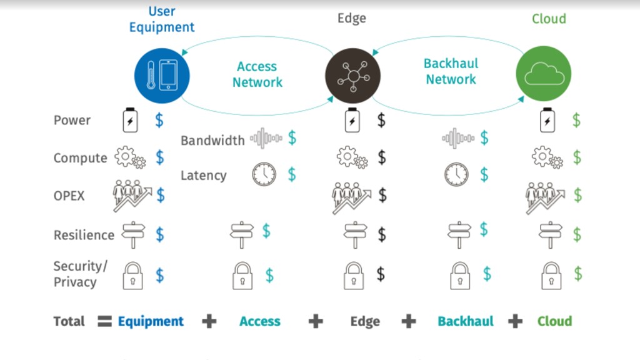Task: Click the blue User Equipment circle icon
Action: point(162,76)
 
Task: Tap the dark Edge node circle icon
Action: point(352,76)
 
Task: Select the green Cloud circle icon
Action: point(544,74)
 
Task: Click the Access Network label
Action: point(257,74)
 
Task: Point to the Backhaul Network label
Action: point(451,71)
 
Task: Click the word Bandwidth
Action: point(212,141)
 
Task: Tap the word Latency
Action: point(203,176)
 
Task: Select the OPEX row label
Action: point(69,196)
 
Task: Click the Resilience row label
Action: point(84,235)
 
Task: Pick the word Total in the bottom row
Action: point(69,321)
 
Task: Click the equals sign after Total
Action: point(104,321)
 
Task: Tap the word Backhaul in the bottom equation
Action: point(465,321)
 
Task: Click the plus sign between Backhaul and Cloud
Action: point(516,321)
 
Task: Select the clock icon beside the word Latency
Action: point(264,174)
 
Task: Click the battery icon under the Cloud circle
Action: point(547,120)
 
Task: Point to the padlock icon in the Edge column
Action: point(354,276)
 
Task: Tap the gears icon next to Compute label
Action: point(130,157)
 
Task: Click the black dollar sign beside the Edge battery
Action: point(381,121)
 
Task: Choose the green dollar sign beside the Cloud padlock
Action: point(578,274)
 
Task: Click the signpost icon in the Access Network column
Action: point(242,235)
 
